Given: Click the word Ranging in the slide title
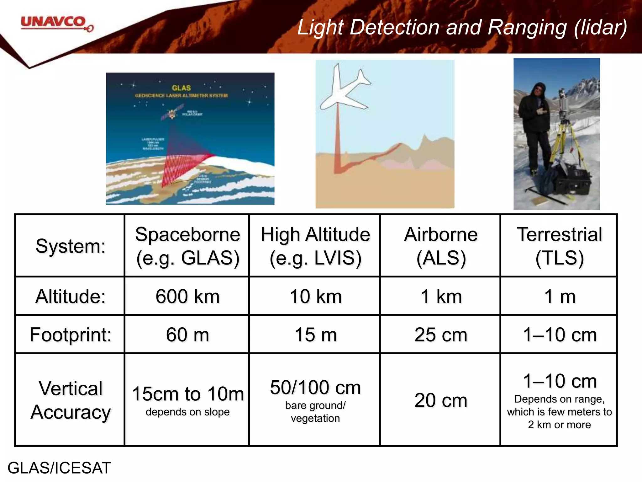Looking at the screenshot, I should (x=527, y=27).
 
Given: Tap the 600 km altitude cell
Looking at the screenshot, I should (x=187, y=296).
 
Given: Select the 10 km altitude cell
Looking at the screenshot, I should (x=315, y=296).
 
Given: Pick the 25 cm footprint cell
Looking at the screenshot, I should (x=440, y=335).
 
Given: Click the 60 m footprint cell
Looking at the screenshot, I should (x=187, y=335).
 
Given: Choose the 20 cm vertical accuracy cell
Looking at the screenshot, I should (x=440, y=400).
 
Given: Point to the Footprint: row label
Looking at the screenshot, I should (x=71, y=335).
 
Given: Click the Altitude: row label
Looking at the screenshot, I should (x=71, y=296).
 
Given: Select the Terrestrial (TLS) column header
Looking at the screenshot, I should (x=559, y=246).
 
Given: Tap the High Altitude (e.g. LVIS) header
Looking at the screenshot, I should (x=315, y=246).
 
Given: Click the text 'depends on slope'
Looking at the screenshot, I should (x=187, y=412).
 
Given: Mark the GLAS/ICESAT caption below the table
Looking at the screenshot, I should (x=59, y=468).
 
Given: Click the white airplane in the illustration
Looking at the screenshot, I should (x=343, y=91).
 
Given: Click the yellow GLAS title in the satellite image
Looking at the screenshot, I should (x=181, y=88).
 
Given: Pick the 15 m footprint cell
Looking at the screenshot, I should (x=315, y=335).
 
